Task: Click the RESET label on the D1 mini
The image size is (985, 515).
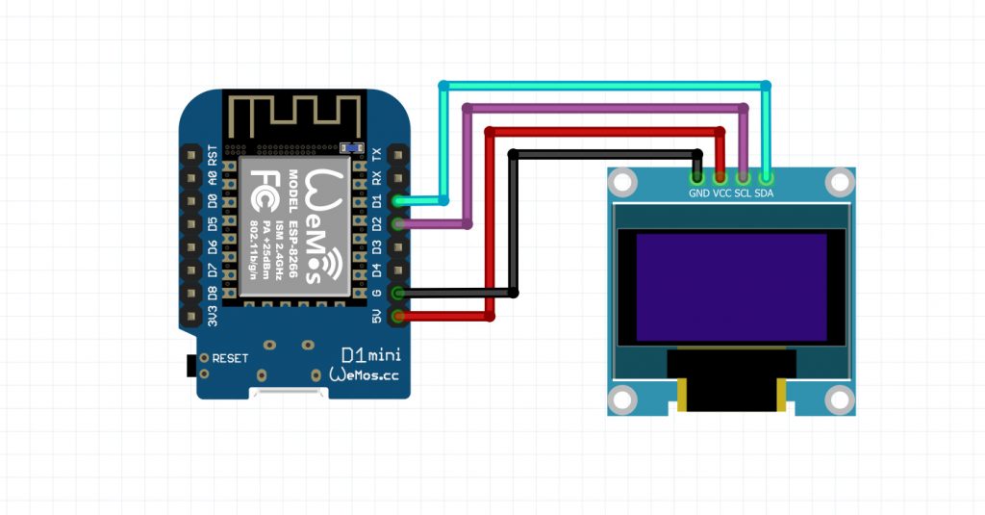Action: [230, 358]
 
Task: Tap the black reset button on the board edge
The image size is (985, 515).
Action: [189, 365]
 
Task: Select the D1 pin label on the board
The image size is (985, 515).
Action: [377, 200]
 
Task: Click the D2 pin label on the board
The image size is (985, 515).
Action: [377, 223]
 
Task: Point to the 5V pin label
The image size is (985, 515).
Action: [377, 316]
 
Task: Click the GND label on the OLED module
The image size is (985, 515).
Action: [698, 193]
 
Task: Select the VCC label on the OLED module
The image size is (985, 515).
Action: [721, 193]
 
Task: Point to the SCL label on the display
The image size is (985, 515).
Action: [743, 193]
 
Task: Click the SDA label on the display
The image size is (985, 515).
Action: [764, 193]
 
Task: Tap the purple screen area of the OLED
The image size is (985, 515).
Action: [731, 287]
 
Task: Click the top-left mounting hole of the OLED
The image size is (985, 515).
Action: [623, 180]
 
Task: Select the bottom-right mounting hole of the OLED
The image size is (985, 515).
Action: [840, 399]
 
